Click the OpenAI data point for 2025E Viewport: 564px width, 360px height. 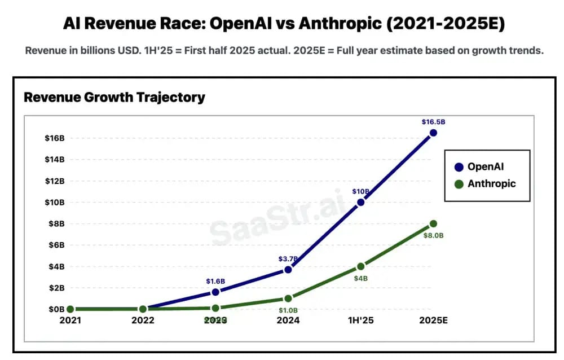pos(433,133)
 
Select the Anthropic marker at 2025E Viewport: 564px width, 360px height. pos(433,223)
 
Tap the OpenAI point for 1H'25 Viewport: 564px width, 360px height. pos(360,202)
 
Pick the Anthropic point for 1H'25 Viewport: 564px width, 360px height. pos(360,266)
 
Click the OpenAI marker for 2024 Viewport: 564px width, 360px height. pos(288,270)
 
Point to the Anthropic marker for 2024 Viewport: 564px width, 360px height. pos(288,298)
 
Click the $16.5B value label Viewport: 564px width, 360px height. pos(433,122)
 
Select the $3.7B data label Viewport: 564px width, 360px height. pos(288,259)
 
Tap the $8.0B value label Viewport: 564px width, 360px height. pos(433,235)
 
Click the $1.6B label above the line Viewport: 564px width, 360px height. pos(215,281)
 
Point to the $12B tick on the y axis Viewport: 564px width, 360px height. pos(54,181)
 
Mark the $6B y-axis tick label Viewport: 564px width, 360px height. pos(56,245)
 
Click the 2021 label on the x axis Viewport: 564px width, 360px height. pos(70,321)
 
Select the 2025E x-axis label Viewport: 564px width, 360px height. pos(433,321)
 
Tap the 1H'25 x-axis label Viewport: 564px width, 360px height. pos(360,321)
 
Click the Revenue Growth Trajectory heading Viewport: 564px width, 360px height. pos(114,97)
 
